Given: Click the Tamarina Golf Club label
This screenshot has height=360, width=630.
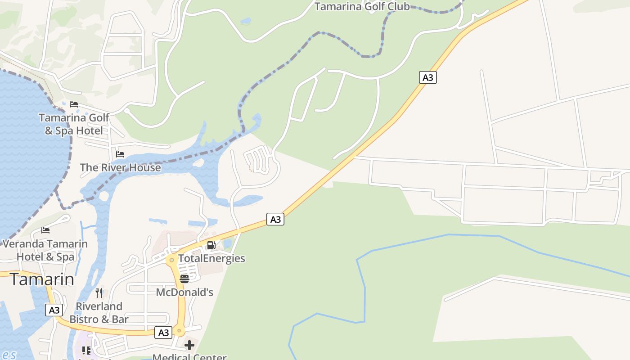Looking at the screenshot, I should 362,6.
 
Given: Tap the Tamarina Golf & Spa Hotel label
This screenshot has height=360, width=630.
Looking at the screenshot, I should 74,124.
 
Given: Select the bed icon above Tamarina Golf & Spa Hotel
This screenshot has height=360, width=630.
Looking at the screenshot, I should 74,104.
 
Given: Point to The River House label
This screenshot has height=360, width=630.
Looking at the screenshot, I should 120,167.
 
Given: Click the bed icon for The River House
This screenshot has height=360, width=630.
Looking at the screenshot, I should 120,154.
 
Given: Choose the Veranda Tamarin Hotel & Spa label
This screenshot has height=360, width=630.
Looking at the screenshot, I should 45,250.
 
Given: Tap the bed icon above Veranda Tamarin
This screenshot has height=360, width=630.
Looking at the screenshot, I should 45,230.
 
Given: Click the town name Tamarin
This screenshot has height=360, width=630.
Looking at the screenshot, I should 42,279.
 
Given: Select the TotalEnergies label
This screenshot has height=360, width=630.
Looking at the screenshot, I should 211,258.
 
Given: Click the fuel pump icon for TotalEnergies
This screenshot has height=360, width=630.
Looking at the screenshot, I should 211,245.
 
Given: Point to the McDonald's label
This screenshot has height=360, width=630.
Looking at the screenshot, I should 184,292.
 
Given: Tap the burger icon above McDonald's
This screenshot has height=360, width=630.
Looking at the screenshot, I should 184,279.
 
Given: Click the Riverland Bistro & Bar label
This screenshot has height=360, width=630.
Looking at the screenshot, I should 99,313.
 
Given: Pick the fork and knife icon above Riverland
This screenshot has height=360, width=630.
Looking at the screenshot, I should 99,293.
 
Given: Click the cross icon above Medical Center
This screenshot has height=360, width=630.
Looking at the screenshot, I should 189,345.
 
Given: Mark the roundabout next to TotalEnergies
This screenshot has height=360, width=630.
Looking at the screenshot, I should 171,260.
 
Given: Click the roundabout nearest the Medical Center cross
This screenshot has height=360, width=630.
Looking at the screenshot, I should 180,332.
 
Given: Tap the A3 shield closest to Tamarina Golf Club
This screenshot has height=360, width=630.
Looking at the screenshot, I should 428,77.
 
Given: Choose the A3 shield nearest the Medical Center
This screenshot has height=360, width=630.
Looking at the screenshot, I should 163,333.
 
